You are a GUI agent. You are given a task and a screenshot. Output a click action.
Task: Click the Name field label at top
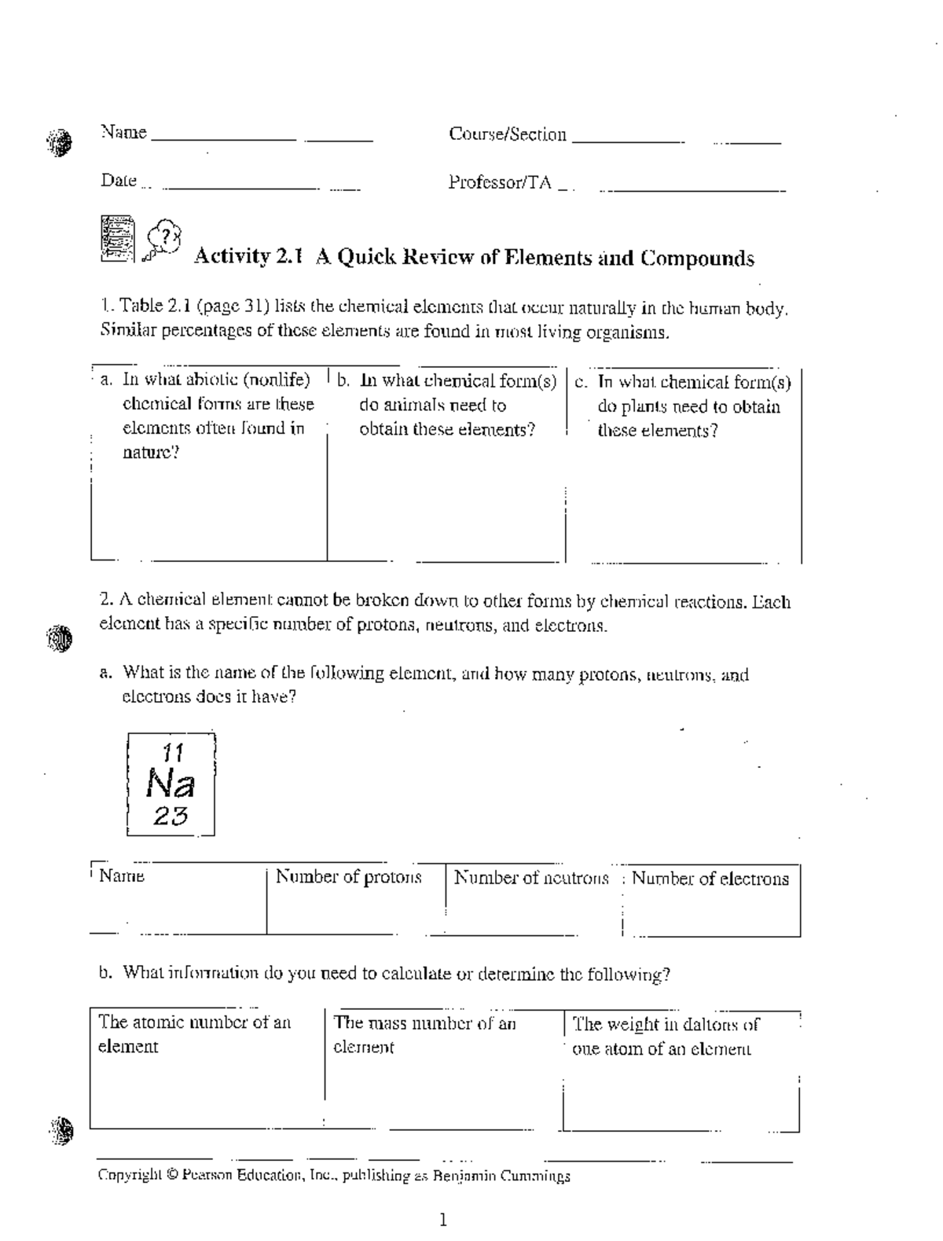123,132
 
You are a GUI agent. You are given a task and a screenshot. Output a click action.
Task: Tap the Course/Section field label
507,134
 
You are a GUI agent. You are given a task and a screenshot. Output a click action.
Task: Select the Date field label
119,181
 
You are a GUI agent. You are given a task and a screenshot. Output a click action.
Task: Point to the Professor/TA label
500,182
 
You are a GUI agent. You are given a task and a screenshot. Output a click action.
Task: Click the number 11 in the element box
171,753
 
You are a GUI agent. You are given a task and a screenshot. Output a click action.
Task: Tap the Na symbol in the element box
171,784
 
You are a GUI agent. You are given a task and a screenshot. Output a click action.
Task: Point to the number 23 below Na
171,817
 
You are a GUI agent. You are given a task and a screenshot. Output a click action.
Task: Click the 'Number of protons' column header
348,877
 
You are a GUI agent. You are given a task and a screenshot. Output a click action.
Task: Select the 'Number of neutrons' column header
531,878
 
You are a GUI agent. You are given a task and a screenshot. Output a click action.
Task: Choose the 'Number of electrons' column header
710,879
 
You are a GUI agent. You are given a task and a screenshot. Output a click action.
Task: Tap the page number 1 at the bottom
443,1220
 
